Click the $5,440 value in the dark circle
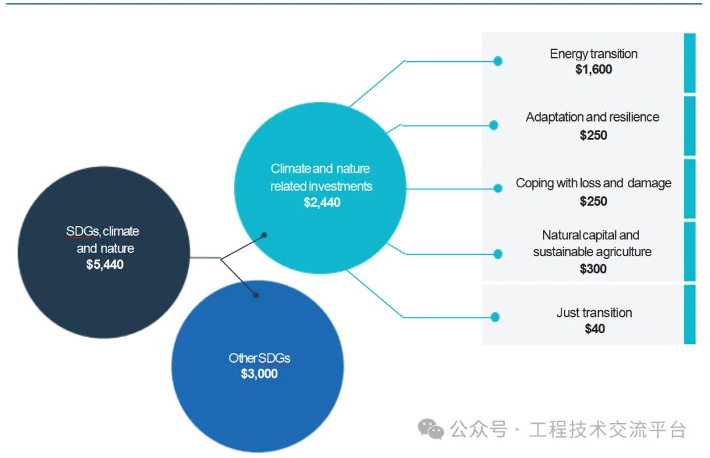pyautogui.click(x=105, y=265)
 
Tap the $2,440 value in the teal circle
pyautogui.click(x=322, y=202)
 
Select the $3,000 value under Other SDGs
pyautogui.click(x=259, y=374)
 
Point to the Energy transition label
pyautogui.click(x=594, y=54)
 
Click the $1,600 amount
pyautogui.click(x=594, y=70)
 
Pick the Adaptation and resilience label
pyautogui.click(x=592, y=117)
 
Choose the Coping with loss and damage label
pyautogui.click(x=594, y=183)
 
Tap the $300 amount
pyautogui.click(x=593, y=269)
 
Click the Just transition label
pyautogui.click(x=594, y=313)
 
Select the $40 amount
pyautogui.click(x=594, y=329)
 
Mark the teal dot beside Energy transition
pyautogui.click(x=498, y=61)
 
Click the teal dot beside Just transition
pyautogui.click(x=495, y=317)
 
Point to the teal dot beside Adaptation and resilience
pyautogui.click(x=494, y=125)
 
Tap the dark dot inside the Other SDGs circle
pyautogui.click(x=256, y=295)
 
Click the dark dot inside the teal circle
pyautogui.click(x=264, y=235)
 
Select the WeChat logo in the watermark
pyautogui.click(x=431, y=430)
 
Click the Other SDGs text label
pyautogui.click(x=259, y=358)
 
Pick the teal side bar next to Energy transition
pyautogui.click(x=689, y=62)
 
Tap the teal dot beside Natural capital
pyautogui.click(x=498, y=254)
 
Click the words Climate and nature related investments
pyautogui.click(x=321, y=177)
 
